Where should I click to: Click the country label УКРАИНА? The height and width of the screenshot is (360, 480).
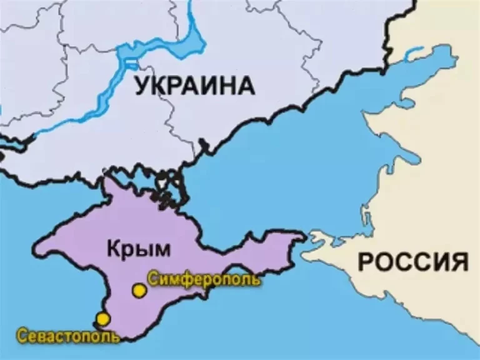195,85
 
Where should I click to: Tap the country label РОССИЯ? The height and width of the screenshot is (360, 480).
413,261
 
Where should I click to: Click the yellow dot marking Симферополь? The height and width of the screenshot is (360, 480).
139,290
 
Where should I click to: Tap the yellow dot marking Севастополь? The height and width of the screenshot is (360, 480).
103,319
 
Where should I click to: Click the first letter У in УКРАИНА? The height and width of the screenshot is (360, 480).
142,85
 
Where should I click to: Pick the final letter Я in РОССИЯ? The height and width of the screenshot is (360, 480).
459,261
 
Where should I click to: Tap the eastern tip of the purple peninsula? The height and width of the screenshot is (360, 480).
304,236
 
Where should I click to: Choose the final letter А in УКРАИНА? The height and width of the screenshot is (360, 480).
247,85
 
